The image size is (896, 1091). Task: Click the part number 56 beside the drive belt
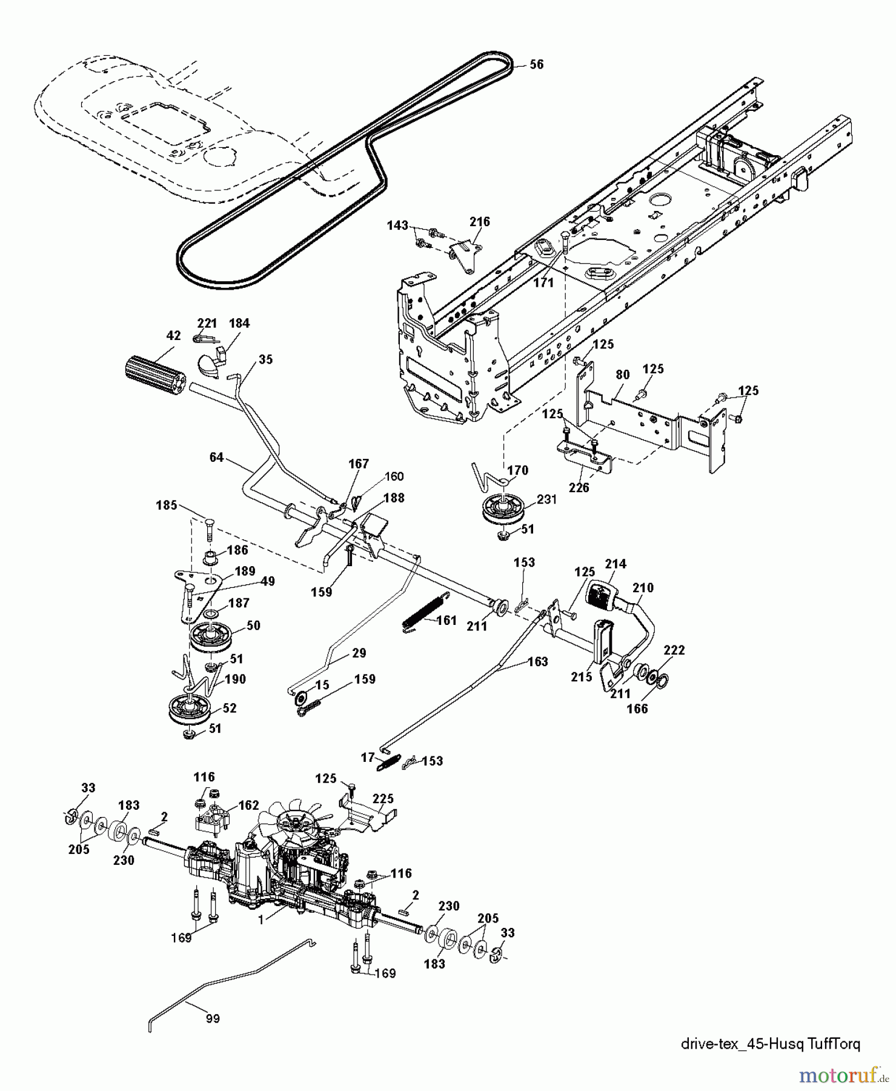click(x=536, y=64)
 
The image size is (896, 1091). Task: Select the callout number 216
click(x=479, y=222)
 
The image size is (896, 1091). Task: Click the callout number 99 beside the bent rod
click(x=212, y=1018)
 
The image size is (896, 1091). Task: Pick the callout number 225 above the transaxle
click(x=383, y=799)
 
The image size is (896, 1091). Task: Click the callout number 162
click(x=249, y=805)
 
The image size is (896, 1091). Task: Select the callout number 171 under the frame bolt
click(x=543, y=282)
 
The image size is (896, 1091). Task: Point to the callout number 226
click(x=579, y=487)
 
